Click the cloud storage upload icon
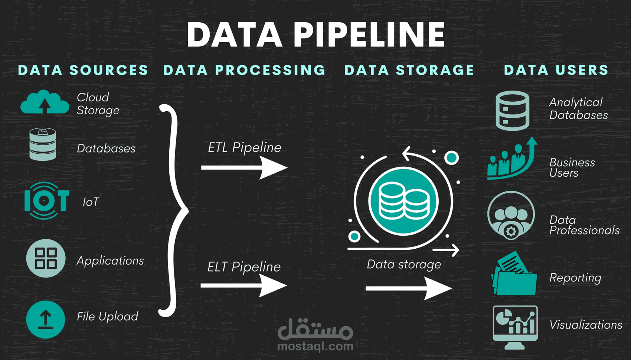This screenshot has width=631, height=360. pyautogui.click(x=45, y=102)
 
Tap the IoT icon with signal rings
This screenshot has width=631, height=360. pyautogui.click(x=46, y=200)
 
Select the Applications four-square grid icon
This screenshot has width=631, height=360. pyautogui.click(x=46, y=258)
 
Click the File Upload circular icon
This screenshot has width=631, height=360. pyautogui.click(x=46, y=320)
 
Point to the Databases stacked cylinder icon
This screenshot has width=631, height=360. pyautogui.click(x=43, y=144)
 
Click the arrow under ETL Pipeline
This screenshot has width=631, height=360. pyautogui.click(x=244, y=168)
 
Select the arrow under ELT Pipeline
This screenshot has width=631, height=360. pyautogui.click(x=243, y=285)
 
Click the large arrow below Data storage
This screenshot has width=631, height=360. pyautogui.click(x=409, y=288)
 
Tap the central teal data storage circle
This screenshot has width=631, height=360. pyautogui.click(x=403, y=201)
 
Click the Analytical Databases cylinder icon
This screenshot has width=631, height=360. pyautogui.click(x=512, y=111)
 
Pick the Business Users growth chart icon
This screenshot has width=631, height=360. pyautogui.click(x=512, y=158)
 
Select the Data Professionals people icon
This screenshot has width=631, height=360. pyautogui.click(x=511, y=216)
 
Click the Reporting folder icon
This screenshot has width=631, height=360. pyautogui.click(x=514, y=273)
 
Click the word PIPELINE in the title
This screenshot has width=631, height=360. pyautogui.click(x=369, y=35)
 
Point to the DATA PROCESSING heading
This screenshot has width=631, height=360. pyautogui.click(x=244, y=70)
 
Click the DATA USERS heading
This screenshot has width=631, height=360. pyautogui.click(x=556, y=70)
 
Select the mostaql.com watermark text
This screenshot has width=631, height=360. pyautogui.click(x=315, y=346)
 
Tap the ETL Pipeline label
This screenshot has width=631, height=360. pyautogui.click(x=245, y=148)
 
